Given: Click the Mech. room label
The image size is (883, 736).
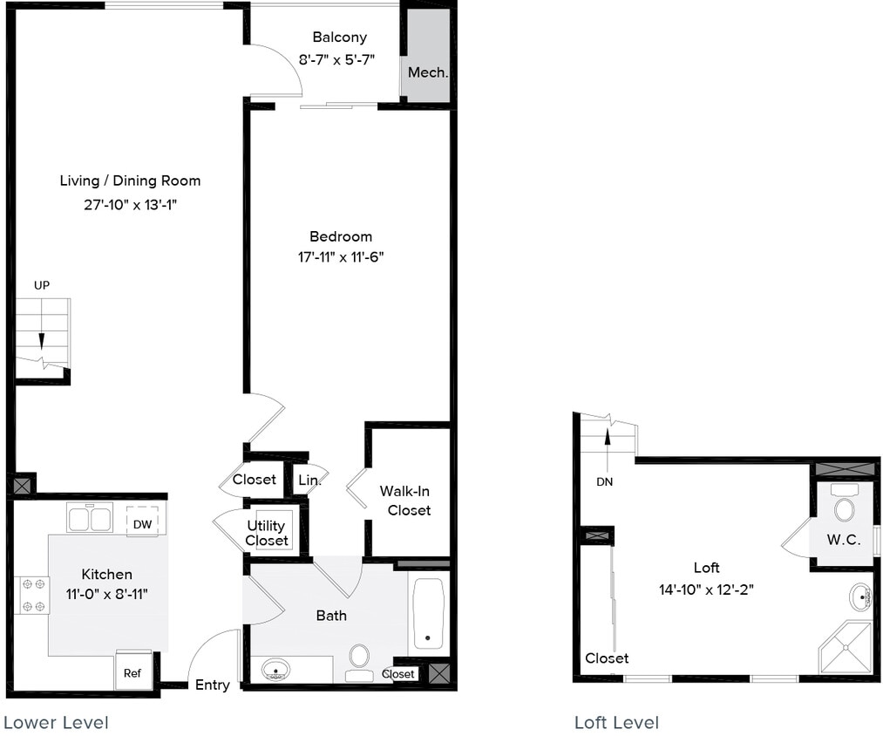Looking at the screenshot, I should [428, 72].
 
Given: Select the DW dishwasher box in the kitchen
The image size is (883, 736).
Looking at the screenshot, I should [143, 522].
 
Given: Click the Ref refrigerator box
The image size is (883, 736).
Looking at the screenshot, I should [132, 672].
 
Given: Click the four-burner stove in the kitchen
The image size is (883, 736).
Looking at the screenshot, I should [31, 595].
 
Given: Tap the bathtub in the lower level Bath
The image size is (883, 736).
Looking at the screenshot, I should [427, 613].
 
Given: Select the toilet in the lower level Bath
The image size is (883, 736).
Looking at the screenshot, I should [359, 660].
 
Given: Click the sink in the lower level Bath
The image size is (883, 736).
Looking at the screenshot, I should [276, 670].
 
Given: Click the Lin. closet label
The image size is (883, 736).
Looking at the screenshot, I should [309, 480].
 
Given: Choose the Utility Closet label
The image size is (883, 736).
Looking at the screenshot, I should [266, 533].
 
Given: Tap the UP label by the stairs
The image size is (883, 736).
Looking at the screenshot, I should [42, 285].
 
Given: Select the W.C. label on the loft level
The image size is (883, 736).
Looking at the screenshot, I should [844, 540].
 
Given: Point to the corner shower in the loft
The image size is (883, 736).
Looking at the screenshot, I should [844, 647].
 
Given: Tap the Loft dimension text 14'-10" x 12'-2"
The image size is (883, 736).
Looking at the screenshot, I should [706, 589].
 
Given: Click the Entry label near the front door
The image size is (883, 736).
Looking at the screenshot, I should [212, 685].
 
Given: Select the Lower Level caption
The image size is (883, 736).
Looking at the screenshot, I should [57, 722].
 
